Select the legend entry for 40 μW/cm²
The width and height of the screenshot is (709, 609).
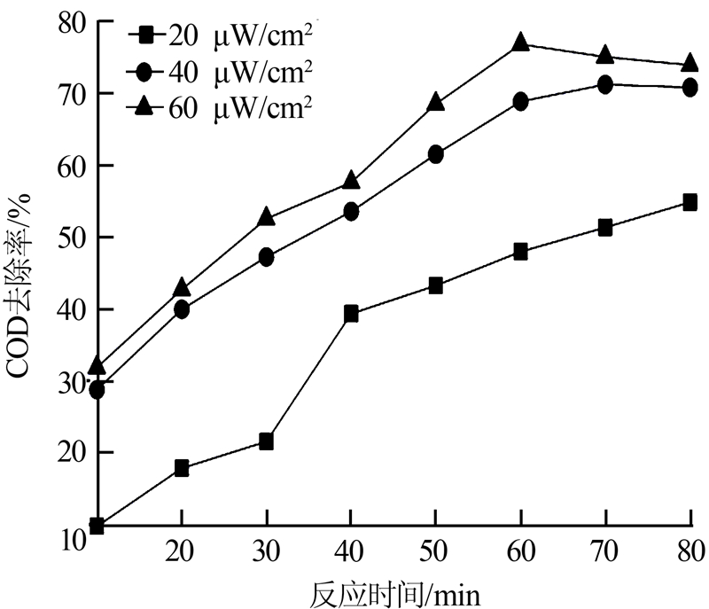[x=222, y=70]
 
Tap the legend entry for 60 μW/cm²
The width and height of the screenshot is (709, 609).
[x=222, y=105]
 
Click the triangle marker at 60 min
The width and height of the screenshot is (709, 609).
[x=521, y=43]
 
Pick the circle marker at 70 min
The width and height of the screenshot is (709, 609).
[x=605, y=85]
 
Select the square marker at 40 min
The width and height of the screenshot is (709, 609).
[x=351, y=313]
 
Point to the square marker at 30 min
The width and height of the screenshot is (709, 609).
[x=266, y=441]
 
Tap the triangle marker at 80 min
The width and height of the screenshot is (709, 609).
[x=690, y=63]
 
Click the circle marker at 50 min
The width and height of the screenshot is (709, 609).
[x=436, y=154]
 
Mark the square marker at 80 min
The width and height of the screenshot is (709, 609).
[x=690, y=202]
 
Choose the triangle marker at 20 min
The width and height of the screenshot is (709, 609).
[x=182, y=287]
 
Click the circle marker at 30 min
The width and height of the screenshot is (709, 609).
[x=266, y=257]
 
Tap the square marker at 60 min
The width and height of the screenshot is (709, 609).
[x=521, y=252]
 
